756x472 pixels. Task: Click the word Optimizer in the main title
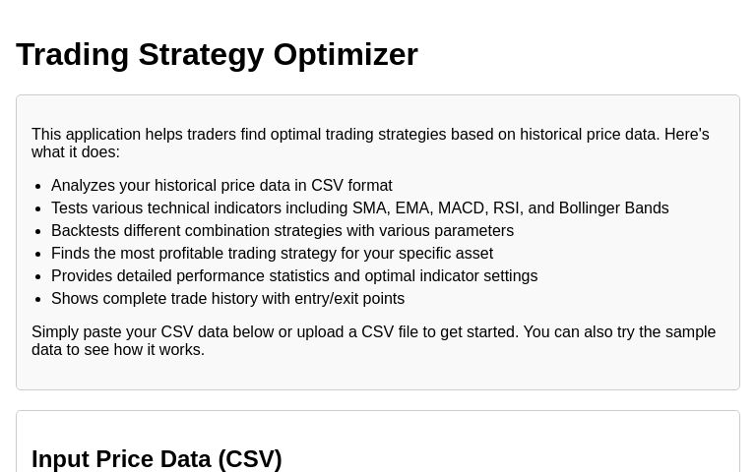click(x=346, y=54)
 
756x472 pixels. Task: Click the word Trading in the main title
click(x=73, y=54)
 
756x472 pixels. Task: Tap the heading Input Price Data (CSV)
click(x=157, y=459)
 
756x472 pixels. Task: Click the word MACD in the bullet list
click(x=462, y=208)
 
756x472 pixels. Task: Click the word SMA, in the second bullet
click(x=371, y=208)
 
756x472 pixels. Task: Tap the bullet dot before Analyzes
click(x=37, y=186)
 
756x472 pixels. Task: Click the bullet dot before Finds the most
click(x=37, y=254)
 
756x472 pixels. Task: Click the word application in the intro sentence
click(x=103, y=135)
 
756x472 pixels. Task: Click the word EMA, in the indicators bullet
click(x=413, y=208)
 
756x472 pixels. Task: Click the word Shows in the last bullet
click(x=75, y=299)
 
